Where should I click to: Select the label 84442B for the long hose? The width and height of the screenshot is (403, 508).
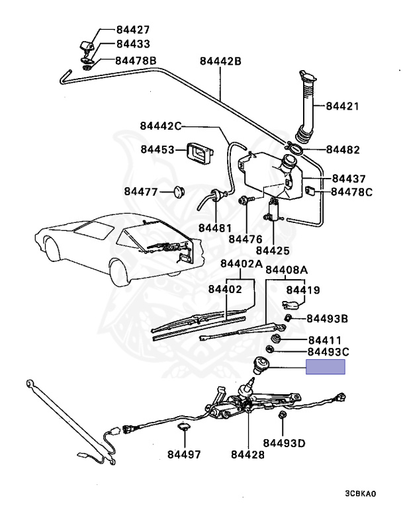[220, 62]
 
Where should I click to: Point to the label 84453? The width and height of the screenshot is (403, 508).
[157, 149]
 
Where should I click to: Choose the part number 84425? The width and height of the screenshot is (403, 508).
[272, 251]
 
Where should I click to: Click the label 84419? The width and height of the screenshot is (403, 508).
[302, 290]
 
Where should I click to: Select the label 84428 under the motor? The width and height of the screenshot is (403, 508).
[247, 455]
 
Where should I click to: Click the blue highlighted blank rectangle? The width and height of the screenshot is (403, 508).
[325, 368]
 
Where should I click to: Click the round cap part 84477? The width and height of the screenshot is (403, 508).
[177, 192]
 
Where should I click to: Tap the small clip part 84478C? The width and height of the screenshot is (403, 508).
[310, 191]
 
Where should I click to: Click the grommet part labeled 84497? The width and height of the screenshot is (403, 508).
[183, 429]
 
